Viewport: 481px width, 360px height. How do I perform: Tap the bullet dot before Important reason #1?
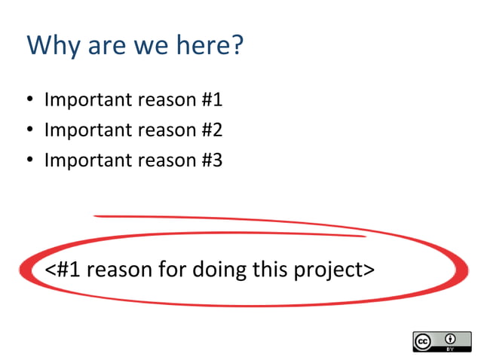(29, 100)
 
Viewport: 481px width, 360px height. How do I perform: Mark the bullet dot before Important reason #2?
(29, 130)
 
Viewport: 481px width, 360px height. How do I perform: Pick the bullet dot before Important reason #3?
(29, 160)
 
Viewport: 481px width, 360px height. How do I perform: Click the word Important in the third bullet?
(84, 160)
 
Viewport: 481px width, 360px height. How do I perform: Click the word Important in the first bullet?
(84, 100)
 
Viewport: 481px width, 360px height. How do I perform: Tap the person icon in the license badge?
(450, 337)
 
